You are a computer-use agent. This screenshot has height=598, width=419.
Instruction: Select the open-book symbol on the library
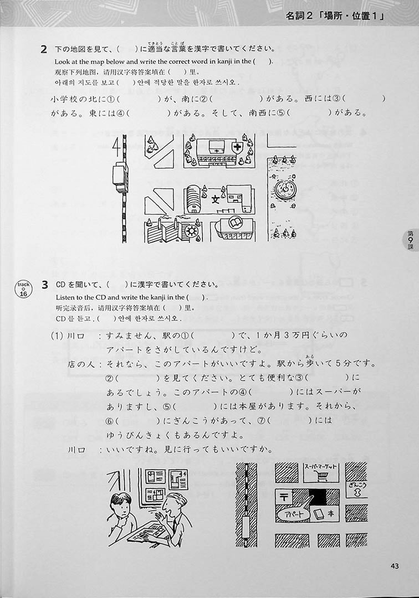click(233, 222)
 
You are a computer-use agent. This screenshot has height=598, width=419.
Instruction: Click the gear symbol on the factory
click(190, 231)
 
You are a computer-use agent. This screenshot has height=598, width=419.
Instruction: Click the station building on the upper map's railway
click(121, 177)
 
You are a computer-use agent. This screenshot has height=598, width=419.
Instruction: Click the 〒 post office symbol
click(284, 497)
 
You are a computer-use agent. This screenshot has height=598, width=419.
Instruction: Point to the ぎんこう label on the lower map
click(357, 484)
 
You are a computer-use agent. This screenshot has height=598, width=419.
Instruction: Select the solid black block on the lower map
click(318, 498)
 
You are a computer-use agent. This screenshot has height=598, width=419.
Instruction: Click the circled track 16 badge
click(24, 288)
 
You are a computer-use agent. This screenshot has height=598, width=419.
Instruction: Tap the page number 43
click(395, 566)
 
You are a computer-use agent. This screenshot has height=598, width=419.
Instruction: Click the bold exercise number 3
click(45, 285)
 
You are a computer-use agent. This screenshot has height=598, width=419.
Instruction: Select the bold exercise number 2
click(44, 49)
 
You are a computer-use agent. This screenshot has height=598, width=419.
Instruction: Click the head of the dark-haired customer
click(122, 506)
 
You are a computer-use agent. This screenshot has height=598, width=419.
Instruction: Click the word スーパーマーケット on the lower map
click(321, 466)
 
